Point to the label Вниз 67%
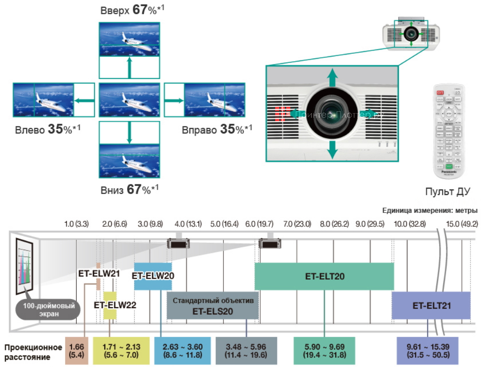129,190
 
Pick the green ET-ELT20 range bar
324,276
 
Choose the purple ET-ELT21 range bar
431,305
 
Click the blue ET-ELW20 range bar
153,276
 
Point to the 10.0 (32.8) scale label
410,224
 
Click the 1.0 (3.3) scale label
76,224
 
